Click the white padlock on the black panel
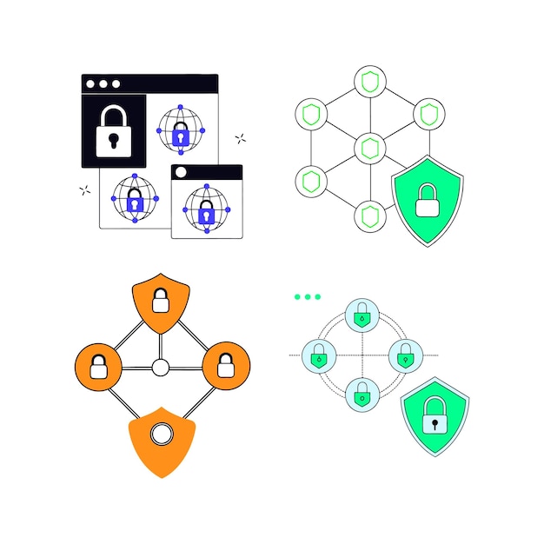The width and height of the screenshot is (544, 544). pyautogui.click(x=113, y=131)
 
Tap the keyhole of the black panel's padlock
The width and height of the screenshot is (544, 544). pyautogui.click(x=113, y=139)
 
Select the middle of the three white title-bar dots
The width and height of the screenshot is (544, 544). pyautogui.click(x=103, y=84)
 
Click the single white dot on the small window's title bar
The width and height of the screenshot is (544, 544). pyautogui.click(x=181, y=172)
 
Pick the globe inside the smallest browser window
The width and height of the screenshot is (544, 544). pyautogui.click(x=206, y=208)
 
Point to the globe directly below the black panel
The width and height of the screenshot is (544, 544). pyautogui.click(x=135, y=199)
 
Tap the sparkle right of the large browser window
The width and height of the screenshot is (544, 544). pyautogui.click(x=240, y=138)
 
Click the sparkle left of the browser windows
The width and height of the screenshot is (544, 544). pyautogui.click(x=84, y=189)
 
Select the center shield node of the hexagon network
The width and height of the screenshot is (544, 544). pyautogui.click(x=369, y=147)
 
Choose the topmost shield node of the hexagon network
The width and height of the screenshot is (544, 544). pyautogui.click(x=369, y=83)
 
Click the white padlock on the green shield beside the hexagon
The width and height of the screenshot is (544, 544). pyautogui.click(x=427, y=201)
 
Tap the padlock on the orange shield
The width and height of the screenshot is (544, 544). pyautogui.click(x=160, y=301)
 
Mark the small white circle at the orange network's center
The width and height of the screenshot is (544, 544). pyautogui.click(x=160, y=368)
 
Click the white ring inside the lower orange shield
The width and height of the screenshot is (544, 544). pyautogui.click(x=161, y=434)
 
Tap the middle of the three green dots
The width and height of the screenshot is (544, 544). pyautogui.click(x=307, y=296)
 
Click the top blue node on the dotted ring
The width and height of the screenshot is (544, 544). pyautogui.click(x=362, y=315)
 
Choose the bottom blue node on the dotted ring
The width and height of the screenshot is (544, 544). pyautogui.click(x=362, y=394)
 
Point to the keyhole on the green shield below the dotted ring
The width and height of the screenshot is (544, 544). pyautogui.click(x=434, y=425)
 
